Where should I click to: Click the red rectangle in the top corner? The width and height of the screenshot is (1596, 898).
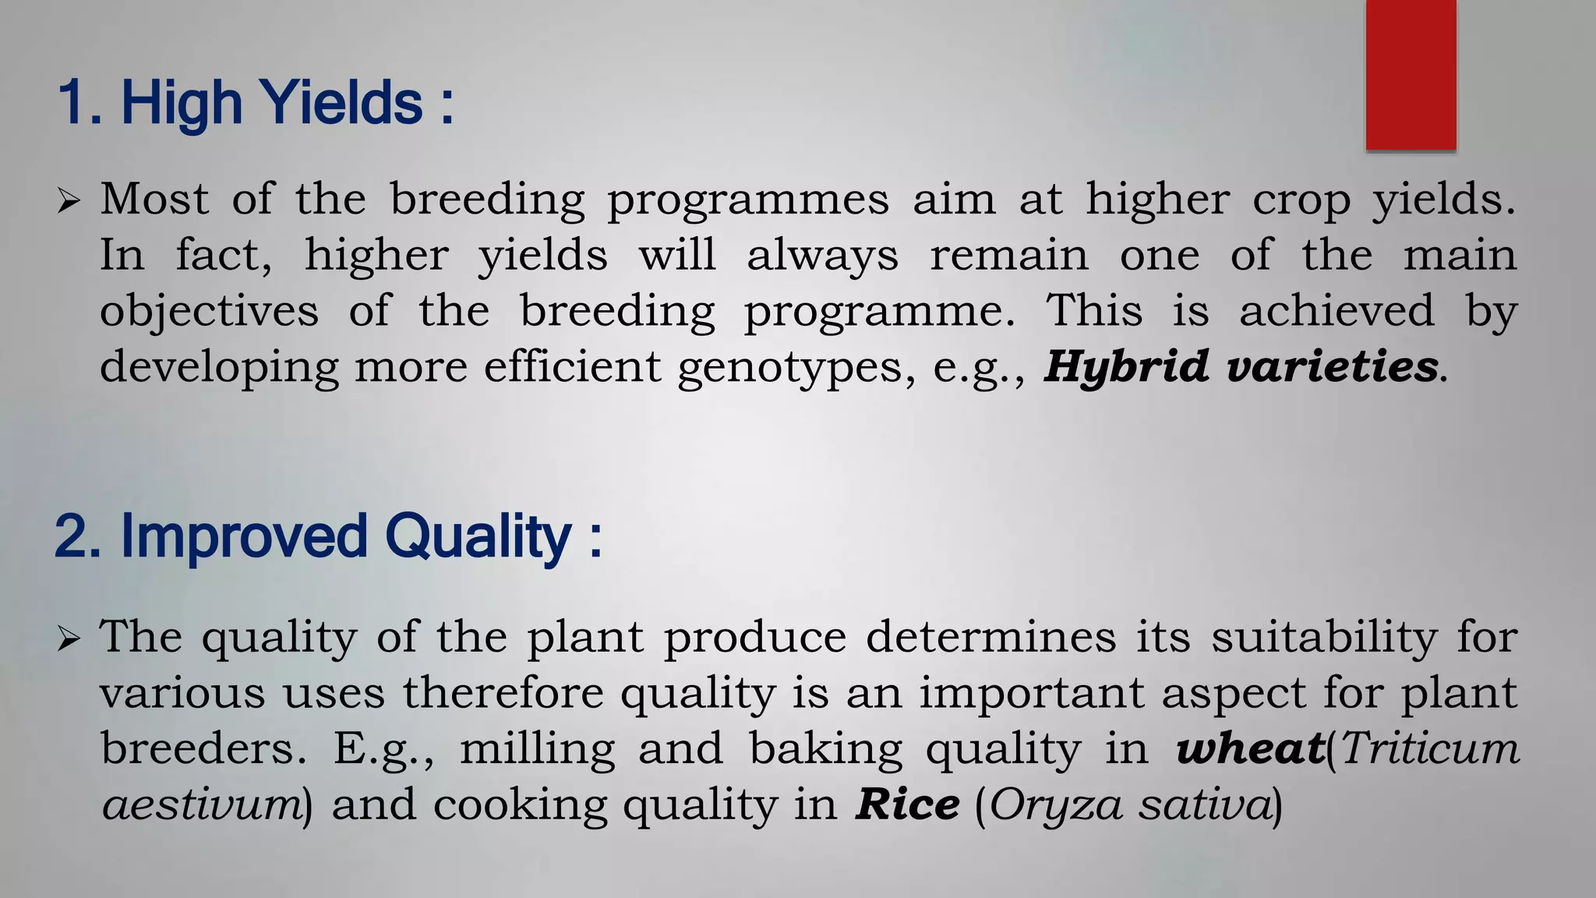coord(1411,75)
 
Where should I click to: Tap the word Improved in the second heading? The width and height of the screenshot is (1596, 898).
coord(243,536)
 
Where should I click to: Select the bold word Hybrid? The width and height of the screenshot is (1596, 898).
coord(1127,366)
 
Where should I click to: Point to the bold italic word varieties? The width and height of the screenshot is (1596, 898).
coord(1332,366)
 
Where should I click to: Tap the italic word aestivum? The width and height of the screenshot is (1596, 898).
coord(202,804)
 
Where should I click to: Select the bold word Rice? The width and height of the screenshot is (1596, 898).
coord(907,804)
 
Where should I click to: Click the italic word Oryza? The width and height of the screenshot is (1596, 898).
coord(1056,804)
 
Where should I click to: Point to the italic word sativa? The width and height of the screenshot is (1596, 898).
coord(1205,804)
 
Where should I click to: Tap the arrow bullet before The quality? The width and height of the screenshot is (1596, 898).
coord(69,640)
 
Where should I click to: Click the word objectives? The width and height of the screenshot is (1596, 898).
coord(209,311)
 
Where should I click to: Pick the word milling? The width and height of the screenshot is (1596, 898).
coord(537,750)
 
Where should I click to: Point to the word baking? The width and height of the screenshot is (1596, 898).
coord(825,750)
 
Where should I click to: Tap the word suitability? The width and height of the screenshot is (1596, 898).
coord(1324,638)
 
